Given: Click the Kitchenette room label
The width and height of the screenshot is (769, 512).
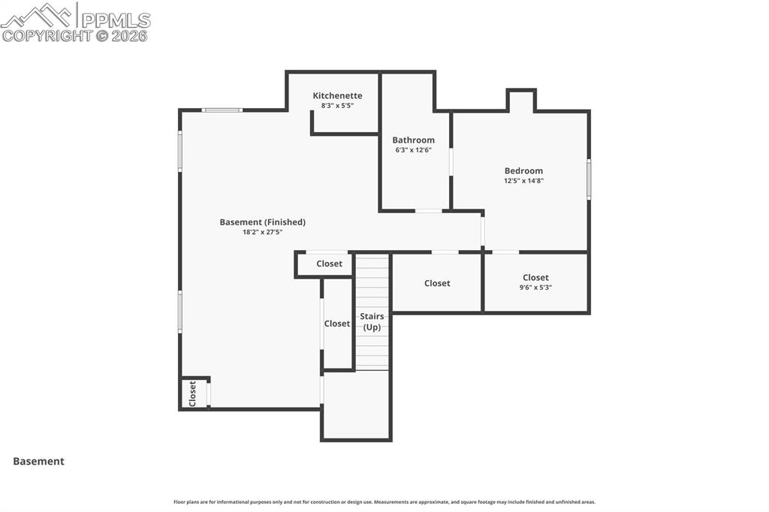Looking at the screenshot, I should pyautogui.click(x=337, y=95).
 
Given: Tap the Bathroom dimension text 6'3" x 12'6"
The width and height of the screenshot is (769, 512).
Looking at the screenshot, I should pyautogui.click(x=413, y=150).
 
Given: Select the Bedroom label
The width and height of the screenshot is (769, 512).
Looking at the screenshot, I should pyautogui.click(x=523, y=170).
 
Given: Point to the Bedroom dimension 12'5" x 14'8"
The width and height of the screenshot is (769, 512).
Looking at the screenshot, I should pyautogui.click(x=523, y=181).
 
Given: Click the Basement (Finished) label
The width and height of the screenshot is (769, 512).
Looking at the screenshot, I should pyautogui.click(x=262, y=221).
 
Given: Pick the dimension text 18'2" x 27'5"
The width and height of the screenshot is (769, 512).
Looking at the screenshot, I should pyautogui.click(x=262, y=233).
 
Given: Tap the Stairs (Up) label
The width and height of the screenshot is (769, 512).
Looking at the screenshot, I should pyautogui.click(x=372, y=321).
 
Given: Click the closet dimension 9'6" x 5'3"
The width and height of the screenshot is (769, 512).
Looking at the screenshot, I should pyautogui.click(x=535, y=288).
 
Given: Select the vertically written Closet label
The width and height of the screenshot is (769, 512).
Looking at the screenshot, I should pyautogui.click(x=192, y=393).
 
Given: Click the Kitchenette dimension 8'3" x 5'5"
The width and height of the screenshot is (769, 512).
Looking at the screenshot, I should pyautogui.click(x=337, y=106).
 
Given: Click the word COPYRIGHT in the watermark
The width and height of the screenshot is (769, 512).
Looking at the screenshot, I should pyautogui.click(x=47, y=35).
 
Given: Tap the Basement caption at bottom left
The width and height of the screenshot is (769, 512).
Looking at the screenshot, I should pyautogui.click(x=38, y=461).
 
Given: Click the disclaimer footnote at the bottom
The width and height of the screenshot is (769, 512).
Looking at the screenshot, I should pyautogui.click(x=384, y=502).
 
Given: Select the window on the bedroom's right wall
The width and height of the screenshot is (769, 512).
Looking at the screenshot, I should pyautogui.click(x=589, y=179).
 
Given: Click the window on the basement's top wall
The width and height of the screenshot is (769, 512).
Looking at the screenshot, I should pyautogui.click(x=222, y=110).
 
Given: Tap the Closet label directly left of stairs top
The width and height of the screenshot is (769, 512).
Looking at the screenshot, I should pyautogui.click(x=329, y=264).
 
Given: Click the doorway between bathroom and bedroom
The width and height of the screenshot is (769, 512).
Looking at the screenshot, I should pyautogui.click(x=451, y=161).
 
